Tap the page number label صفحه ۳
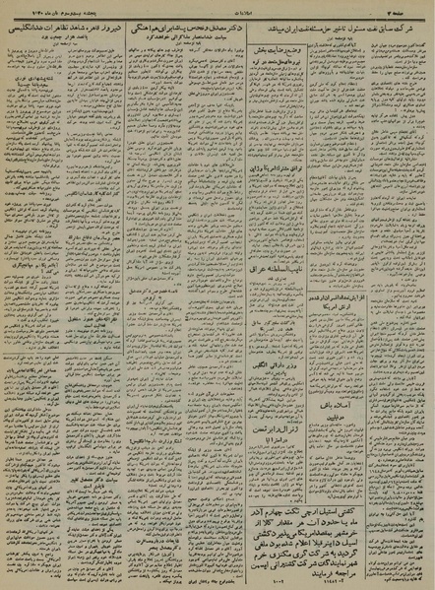coord(408,10)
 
